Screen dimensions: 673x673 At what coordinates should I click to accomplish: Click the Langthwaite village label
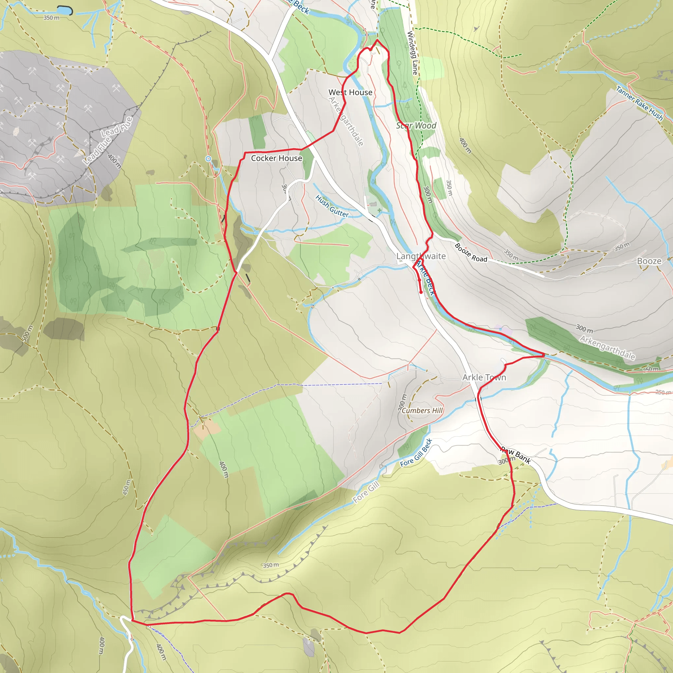click(421, 256)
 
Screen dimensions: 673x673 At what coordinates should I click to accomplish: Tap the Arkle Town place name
click(484, 377)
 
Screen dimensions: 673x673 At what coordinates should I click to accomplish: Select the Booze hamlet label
click(649, 261)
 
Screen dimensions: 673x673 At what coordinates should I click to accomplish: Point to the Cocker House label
click(276, 158)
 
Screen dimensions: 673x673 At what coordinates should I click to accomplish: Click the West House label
click(350, 92)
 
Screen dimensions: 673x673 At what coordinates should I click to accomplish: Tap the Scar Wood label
click(416, 126)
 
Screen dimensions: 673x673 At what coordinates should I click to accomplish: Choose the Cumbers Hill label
click(422, 410)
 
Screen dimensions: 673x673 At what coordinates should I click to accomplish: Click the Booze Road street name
click(471, 253)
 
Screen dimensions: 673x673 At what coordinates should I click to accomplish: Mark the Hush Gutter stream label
click(332, 206)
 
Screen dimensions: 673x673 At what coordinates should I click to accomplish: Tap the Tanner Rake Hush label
click(639, 103)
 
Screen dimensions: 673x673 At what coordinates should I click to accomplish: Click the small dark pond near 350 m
click(64, 11)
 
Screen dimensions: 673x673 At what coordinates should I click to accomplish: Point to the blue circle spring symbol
click(208, 159)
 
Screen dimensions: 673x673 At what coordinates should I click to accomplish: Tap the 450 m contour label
click(127, 487)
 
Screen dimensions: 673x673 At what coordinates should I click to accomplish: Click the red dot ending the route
click(421, 292)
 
